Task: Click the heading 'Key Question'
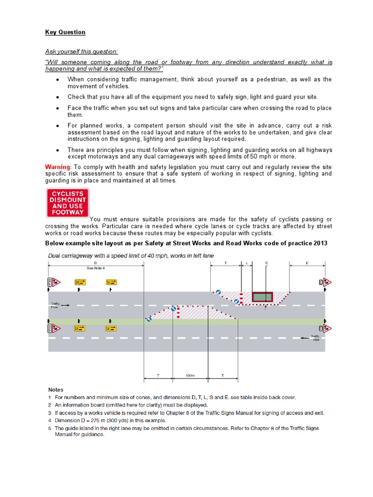tap(65, 32)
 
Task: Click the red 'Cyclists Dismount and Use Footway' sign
tap(67, 203)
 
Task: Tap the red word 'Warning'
tap(57, 166)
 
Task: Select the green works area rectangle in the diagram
tap(262, 296)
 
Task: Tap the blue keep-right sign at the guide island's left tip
tap(149, 319)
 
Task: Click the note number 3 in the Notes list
tap(50, 413)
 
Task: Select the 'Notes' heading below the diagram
tap(55, 389)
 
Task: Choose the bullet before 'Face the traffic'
tap(58, 108)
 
